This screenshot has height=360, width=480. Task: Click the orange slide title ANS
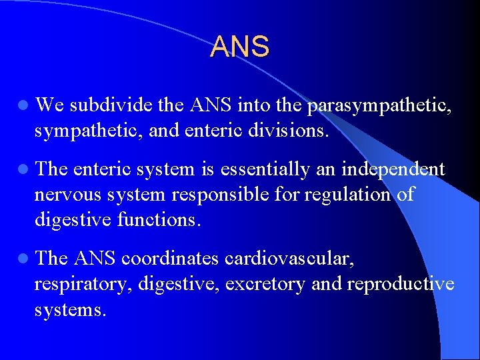[x=240, y=47]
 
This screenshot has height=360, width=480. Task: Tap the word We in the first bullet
[x=49, y=105]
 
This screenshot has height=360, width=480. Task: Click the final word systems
[x=70, y=309]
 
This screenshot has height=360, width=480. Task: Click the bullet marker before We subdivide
[x=23, y=105]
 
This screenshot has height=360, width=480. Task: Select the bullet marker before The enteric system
[x=23, y=170]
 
